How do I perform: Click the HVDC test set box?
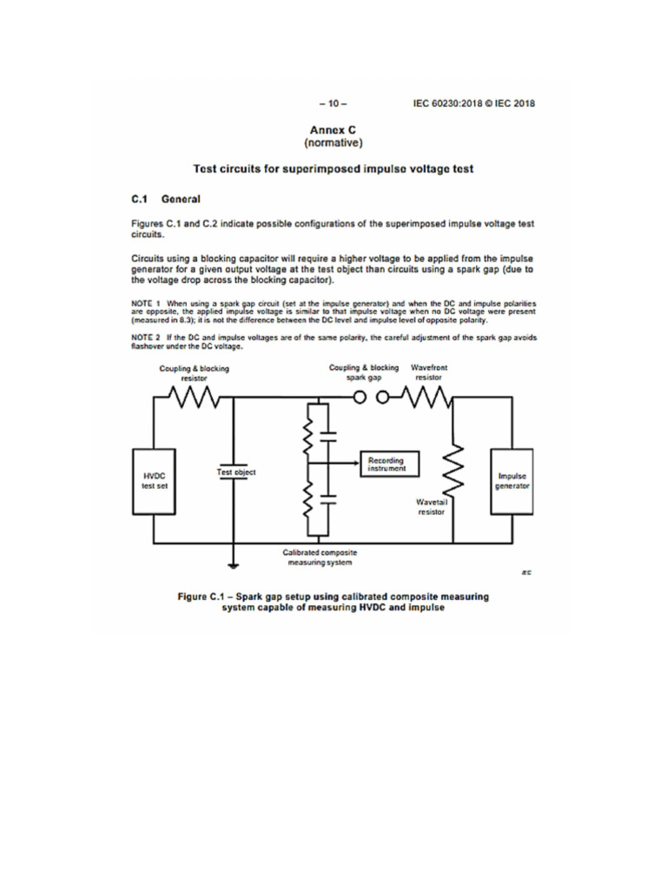point(154,482)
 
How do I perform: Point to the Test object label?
point(235,472)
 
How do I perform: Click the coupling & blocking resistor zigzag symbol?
point(198,398)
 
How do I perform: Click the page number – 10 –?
point(333,103)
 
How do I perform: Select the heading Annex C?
point(333,128)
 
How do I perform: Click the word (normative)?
point(333,142)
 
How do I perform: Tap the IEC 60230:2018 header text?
point(474,103)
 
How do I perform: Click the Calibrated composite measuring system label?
point(320,557)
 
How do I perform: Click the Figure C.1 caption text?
point(333,603)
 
